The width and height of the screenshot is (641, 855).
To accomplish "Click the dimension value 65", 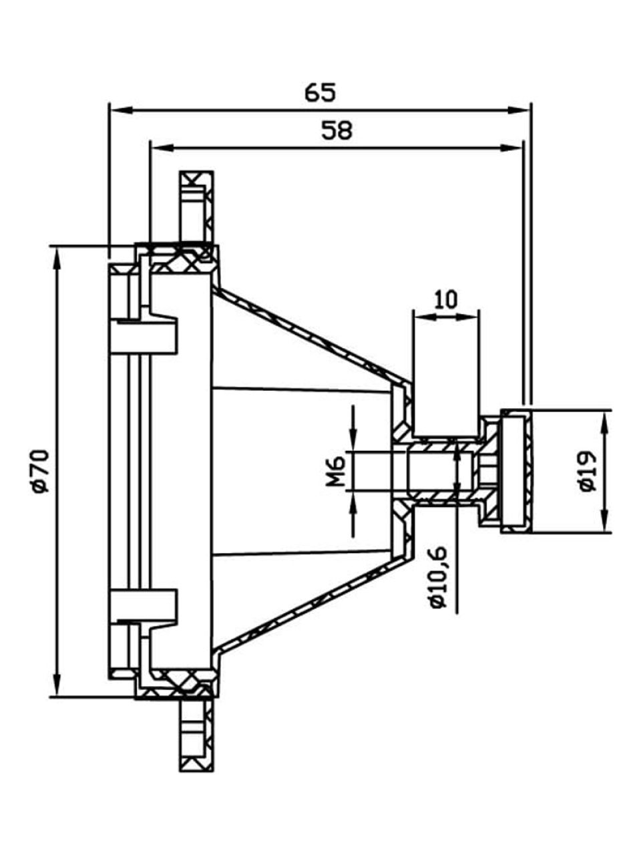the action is point(320,93).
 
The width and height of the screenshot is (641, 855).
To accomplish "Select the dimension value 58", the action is point(337,130).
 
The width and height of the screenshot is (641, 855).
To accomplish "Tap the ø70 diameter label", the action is point(41,472).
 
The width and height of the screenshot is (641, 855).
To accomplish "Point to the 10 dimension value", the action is point(446,300).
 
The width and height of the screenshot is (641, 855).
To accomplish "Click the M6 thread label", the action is point(336,472).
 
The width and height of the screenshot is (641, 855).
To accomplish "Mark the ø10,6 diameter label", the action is point(439,580).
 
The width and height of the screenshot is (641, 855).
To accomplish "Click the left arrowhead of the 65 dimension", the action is point(120,110).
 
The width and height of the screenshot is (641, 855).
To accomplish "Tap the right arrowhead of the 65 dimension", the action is point(521,110).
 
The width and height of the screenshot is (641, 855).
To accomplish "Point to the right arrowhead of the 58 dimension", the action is point(511,147).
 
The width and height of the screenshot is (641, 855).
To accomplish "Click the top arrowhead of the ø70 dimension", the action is point(57,257).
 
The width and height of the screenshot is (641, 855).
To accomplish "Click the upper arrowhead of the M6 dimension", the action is point(353,441).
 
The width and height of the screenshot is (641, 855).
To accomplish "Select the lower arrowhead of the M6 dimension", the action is point(353,502).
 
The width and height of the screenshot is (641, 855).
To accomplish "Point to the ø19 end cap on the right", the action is point(516,472).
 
